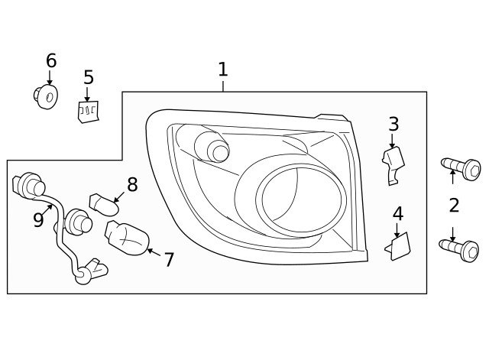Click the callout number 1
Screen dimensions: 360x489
click(222, 70)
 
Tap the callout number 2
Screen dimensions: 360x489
click(454, 205)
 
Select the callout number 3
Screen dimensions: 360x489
click(393, 124)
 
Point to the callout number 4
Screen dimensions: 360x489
click(397, 214)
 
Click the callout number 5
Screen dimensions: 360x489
click(89, 77)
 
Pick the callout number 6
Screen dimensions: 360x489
click(51, 60)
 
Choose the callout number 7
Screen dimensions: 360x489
click(169, 260)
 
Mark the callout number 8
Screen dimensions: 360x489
click(132, 184)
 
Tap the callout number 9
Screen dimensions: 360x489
click(38, 220)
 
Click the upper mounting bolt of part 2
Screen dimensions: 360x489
click(461, 167)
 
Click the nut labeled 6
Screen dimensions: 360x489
click(47, 96)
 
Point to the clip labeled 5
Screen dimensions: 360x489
click(89, 112)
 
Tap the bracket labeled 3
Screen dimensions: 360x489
click(393, 163)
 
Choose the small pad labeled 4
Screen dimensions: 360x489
click(400, 247)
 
